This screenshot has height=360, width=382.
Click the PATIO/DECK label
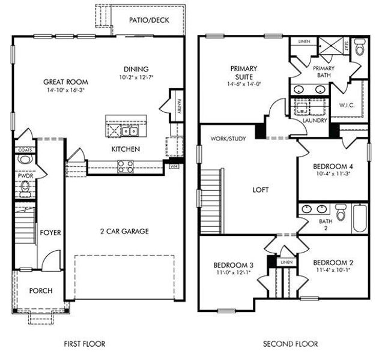pos(149,20)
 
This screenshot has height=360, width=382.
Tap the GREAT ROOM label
pos(65,82)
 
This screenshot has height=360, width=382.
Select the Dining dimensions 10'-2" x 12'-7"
pos(136,77)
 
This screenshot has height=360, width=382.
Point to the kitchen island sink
pos(129,131)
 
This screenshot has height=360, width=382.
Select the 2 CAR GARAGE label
pos(124,231)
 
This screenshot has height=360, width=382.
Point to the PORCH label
pos(41,291)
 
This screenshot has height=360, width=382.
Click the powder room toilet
pos(25,160)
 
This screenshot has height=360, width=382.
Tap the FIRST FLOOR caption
pos(84,344)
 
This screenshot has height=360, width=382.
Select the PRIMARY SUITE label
pos(243,73)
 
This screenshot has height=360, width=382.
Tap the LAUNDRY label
pos(315,120)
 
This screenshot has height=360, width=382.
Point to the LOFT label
pos(260,190)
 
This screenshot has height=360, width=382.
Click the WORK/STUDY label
pos(228,139)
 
